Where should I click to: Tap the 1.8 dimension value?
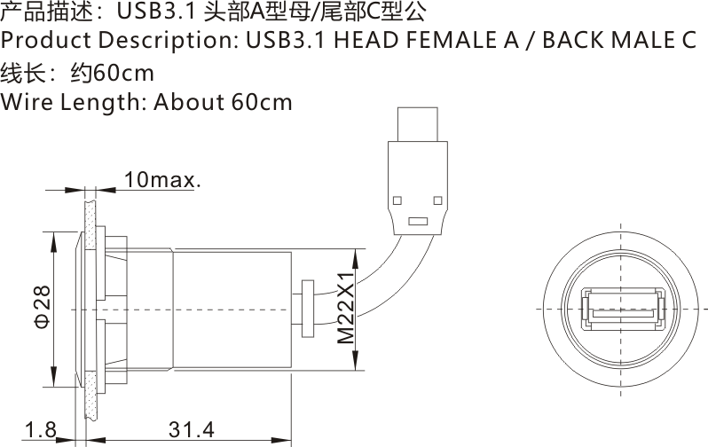[40, 430]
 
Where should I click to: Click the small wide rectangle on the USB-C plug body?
[416, 220]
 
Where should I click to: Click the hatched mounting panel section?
[89, 310]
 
